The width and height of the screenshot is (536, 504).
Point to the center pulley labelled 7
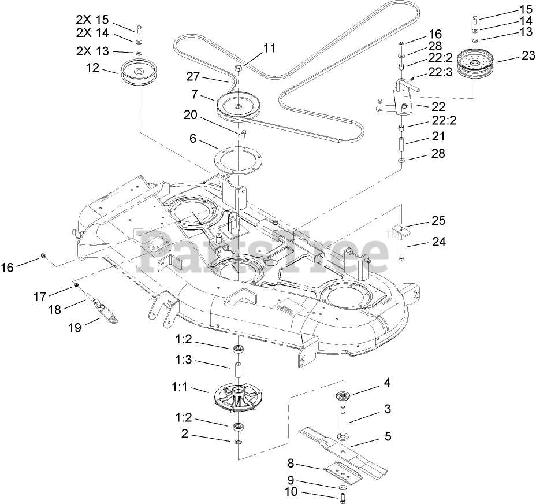click(239, 105)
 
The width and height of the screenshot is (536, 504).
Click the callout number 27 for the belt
click(193, 76)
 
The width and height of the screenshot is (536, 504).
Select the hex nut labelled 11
click(238, 70)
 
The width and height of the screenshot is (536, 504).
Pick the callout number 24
click(440, 243)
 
